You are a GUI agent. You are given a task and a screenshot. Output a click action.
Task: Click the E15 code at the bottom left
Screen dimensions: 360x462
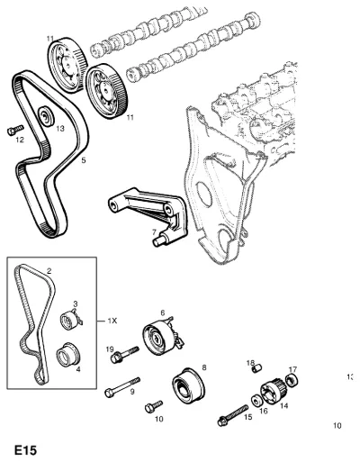25,450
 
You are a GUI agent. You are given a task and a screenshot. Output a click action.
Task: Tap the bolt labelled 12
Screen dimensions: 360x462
15,130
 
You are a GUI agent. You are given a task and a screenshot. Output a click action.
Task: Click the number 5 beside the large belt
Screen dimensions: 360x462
84,160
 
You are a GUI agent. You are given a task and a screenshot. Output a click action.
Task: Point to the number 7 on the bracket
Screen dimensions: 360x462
154,232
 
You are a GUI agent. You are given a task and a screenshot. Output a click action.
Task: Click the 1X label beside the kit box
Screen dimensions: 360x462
112,321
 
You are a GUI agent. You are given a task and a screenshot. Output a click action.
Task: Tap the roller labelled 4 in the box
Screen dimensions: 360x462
67,355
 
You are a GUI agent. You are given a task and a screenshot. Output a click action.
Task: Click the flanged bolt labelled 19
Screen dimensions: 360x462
124,355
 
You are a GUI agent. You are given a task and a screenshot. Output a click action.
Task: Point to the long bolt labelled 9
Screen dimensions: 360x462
122,386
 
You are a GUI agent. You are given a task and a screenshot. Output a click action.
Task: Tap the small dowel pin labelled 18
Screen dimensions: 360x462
257,368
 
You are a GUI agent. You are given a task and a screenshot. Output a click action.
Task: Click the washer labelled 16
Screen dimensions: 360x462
256,401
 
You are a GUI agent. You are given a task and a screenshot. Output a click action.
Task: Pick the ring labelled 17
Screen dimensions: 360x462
292,380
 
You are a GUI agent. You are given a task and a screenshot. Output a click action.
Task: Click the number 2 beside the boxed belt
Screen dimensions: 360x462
49,271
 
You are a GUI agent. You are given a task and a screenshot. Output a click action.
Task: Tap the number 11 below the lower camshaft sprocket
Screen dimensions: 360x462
130,117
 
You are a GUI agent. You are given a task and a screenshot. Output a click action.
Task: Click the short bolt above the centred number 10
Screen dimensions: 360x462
154,406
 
